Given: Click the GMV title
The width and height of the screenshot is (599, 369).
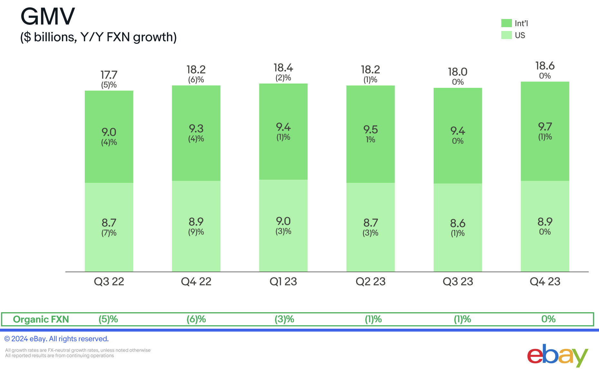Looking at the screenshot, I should [x=48, y=16].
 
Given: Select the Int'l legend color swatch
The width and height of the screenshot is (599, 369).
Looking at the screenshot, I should [x=506, y=23].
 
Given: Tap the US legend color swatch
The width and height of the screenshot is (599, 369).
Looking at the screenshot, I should [x=506, y=35].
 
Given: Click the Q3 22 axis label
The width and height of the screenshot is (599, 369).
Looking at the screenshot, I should [x=109, y=282].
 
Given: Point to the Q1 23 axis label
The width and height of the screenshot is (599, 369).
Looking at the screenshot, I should [x=283, y=282].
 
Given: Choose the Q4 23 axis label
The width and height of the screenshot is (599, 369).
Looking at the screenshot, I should [x=545, y=282].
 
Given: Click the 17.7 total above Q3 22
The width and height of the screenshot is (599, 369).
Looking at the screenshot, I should [x=109, y=75].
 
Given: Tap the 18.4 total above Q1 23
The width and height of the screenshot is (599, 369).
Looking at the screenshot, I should [x=283, y=68].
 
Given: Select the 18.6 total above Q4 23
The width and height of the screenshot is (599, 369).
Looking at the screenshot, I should [x=545, y=66].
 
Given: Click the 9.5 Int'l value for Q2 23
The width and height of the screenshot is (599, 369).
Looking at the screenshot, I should [x=370, y=130].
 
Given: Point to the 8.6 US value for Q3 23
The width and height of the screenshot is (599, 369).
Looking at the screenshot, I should [x=457, y=223].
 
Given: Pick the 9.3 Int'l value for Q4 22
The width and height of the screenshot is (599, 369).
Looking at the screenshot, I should [x=196, y=129].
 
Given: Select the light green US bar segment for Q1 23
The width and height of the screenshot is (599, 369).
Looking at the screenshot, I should [x=283, y=252].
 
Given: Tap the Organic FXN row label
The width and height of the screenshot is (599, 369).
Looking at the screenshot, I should [x=41, y=319].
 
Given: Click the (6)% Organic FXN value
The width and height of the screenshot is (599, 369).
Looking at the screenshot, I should [x=196, y=319].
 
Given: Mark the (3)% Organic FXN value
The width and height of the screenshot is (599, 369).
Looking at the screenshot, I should [x=284, y=319].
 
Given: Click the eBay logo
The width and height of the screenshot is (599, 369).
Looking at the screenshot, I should [x=557, y=355].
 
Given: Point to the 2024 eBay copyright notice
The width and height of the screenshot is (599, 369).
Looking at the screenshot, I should [x=56, y=339].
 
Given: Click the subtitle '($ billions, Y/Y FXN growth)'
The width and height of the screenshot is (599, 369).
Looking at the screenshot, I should [x=98, y=37].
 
